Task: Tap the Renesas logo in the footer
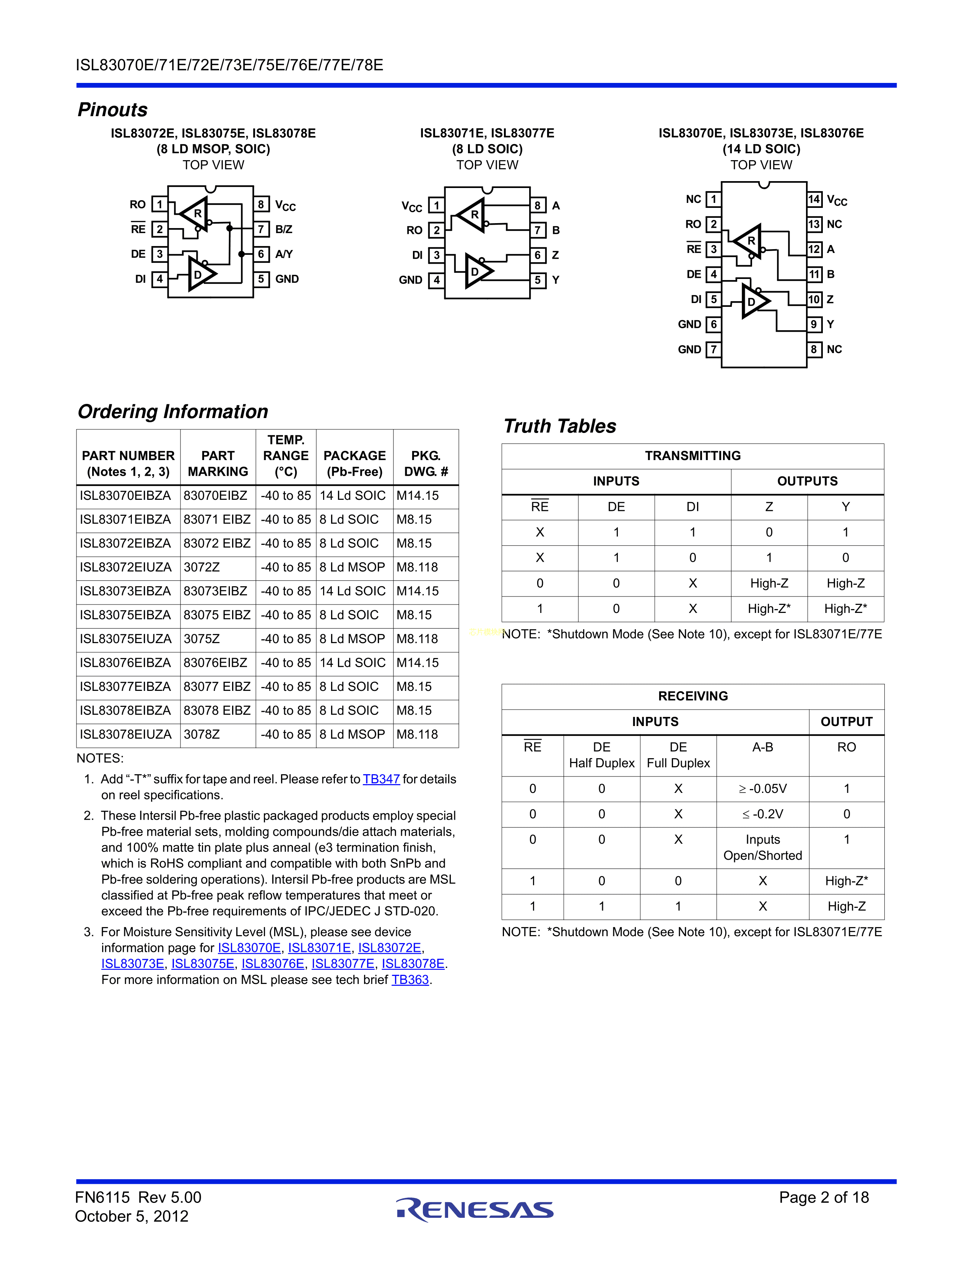tap(475, 1210)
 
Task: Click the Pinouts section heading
tap(113, 110)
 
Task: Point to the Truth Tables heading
tap(560, 426)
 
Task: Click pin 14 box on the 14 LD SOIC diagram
tap(814, 200)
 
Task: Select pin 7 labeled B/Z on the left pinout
tap(261, 229)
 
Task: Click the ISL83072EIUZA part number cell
tap(126, 567)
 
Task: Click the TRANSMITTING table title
tap(692, 456)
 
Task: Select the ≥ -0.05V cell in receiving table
tap(762, 789)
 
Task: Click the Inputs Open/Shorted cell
tap(762, 848)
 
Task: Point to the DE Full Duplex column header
tap(678, 755)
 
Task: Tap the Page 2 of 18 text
tap(824, 1198)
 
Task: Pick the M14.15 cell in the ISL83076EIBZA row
tap(418, 663)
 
